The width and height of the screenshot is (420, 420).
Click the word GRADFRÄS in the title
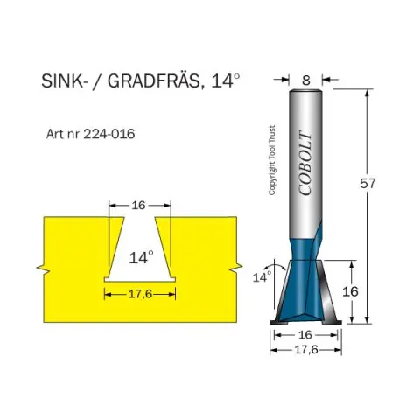[153, 81]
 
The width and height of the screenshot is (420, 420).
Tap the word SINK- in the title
[63, 80]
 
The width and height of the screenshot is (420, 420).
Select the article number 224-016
[109, 134]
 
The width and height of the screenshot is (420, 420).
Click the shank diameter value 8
[306, 80]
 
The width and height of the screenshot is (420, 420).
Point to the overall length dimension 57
[367, 184]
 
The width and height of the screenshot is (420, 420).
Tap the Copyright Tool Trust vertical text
[272, 160]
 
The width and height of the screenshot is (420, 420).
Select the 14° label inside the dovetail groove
[141, 257]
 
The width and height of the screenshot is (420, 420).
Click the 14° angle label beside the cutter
[262, 276]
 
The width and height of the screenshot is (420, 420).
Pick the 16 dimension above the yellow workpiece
[138, 206]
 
